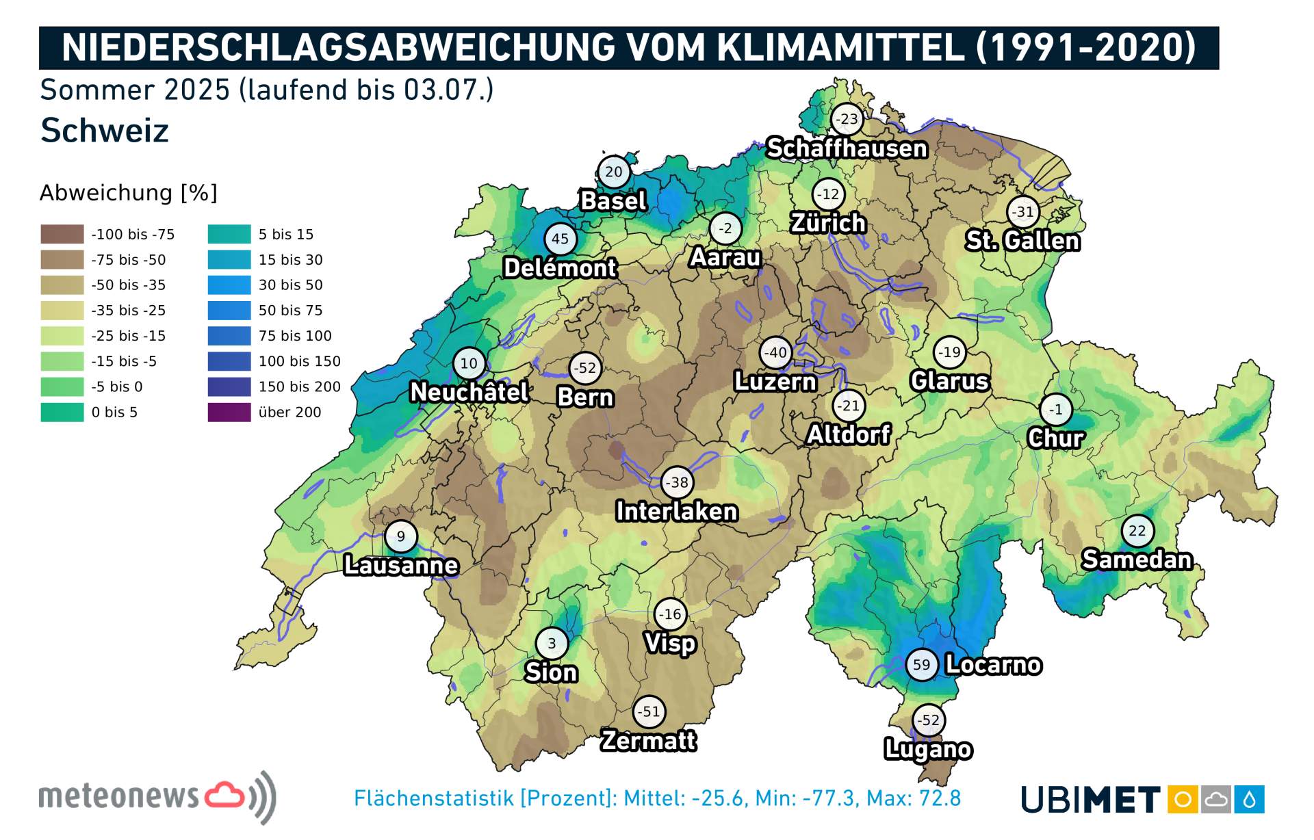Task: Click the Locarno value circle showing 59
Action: [x=921, y=665]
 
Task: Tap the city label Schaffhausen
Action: [x=847, y=148]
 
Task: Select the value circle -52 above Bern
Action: [x=585, y=368]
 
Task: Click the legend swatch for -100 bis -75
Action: [x=62, y=235]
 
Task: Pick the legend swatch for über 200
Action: [x=229, y=412]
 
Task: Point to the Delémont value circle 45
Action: [x=560, y=239]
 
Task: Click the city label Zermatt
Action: [x=648, y=741]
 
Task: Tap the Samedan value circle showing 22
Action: [x=1137, y=531]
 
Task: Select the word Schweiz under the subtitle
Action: [x=105, y=131]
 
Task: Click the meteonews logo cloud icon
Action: [x=224, y=795]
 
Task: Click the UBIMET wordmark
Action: [x=1090, y=800]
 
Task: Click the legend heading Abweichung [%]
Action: [x=128, y=193]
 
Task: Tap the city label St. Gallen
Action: [x=1022, y=241]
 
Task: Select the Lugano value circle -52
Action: [x=929, y=720]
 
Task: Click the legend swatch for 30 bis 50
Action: [x=229, y=285]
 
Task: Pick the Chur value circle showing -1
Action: [x=1056, y=410]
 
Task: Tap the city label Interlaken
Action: [x=676, y=512]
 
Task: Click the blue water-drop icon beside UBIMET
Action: [x=1249, y=800]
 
